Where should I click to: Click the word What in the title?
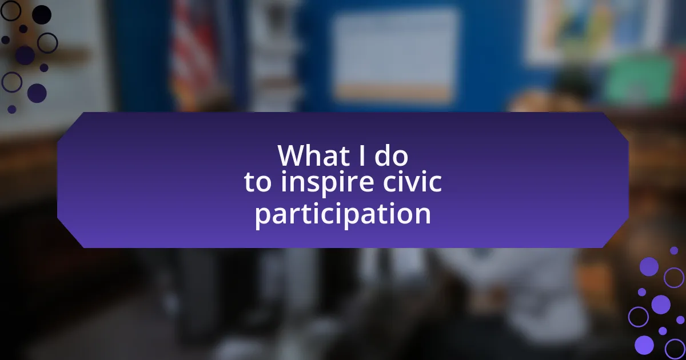[x=313, y=155]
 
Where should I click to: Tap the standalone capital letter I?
[x=362, y=155]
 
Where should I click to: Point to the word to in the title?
[x=258, y=182]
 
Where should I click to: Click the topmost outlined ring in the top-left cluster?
[x=11, y=11]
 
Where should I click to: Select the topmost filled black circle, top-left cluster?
[x=42, y=15]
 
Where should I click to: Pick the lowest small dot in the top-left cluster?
[x=11, y=109]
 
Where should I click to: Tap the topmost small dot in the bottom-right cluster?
[x=674, y=250]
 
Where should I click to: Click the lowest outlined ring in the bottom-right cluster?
[x=675, y=349]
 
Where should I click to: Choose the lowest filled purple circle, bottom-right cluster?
[x=644, y=345]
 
